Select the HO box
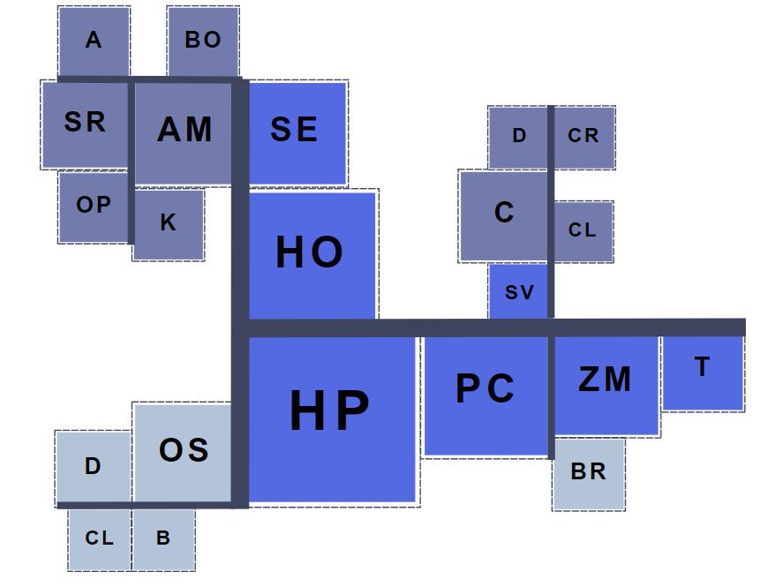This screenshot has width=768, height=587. pos(312,254)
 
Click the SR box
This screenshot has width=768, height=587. pos(86,124)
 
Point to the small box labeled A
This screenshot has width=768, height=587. pos(94,41)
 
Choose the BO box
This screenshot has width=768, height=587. pos(202,41)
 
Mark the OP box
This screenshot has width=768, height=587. pos(94,206)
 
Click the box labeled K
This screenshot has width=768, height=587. pos(168,224)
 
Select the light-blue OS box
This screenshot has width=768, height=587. pos(183,452)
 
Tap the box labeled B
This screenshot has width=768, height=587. pos(163,538)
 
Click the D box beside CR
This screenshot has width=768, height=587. pos(518,137)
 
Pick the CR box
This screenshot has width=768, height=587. pos(584,137)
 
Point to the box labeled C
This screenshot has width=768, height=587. pos(503,214)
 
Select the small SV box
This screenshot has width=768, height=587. pos(518,292)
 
